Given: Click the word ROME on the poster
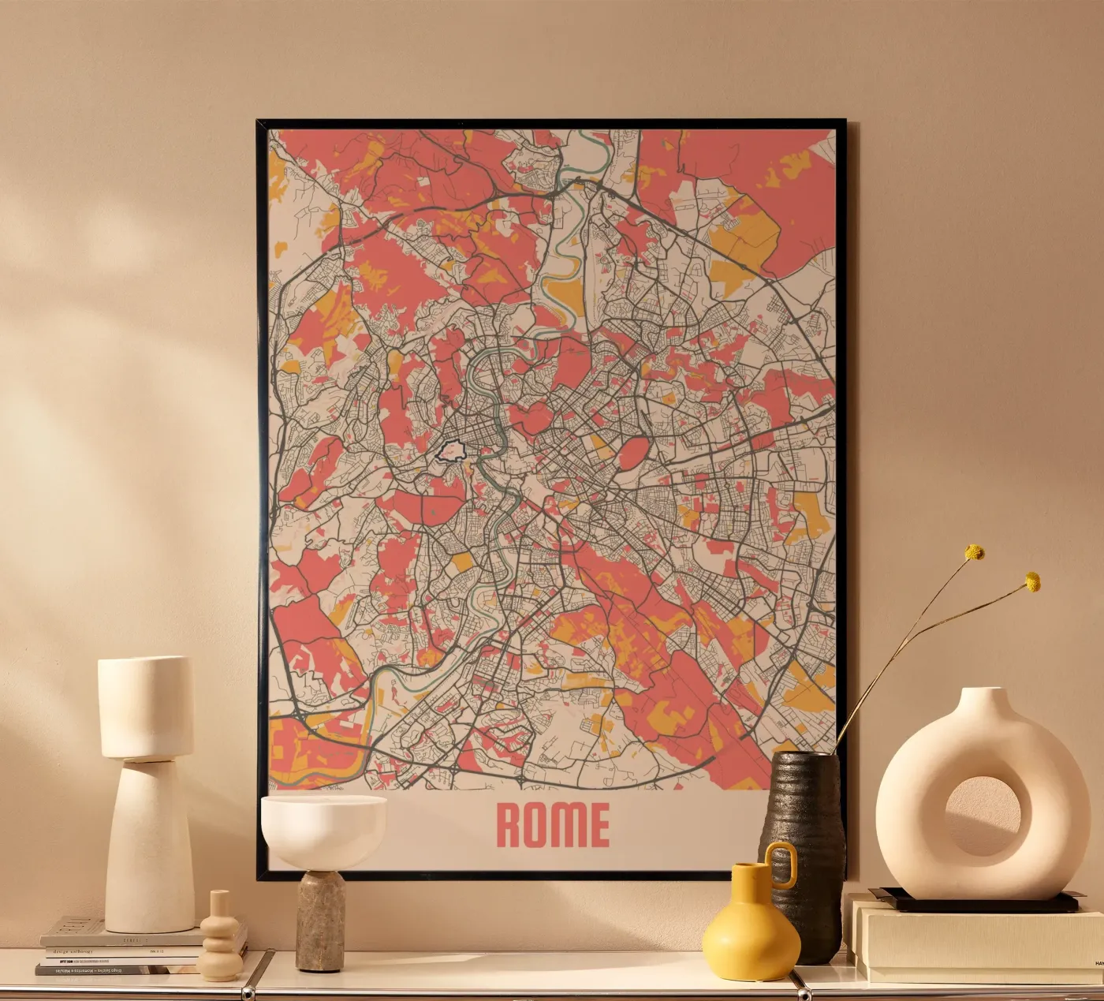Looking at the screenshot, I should tap(553, 825).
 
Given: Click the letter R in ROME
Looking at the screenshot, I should tap(509, 825).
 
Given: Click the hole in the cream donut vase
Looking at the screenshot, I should tap(986, 816).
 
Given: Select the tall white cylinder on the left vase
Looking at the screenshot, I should tap(146, 706).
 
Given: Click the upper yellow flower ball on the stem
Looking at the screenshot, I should tap(975, 552).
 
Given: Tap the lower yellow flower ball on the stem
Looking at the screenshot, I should tap(1031, 582).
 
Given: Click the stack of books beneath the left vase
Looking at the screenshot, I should tap(118, 947).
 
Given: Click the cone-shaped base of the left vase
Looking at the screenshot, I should tap(150, 844).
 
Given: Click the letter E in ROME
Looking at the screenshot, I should tap(597, 825).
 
